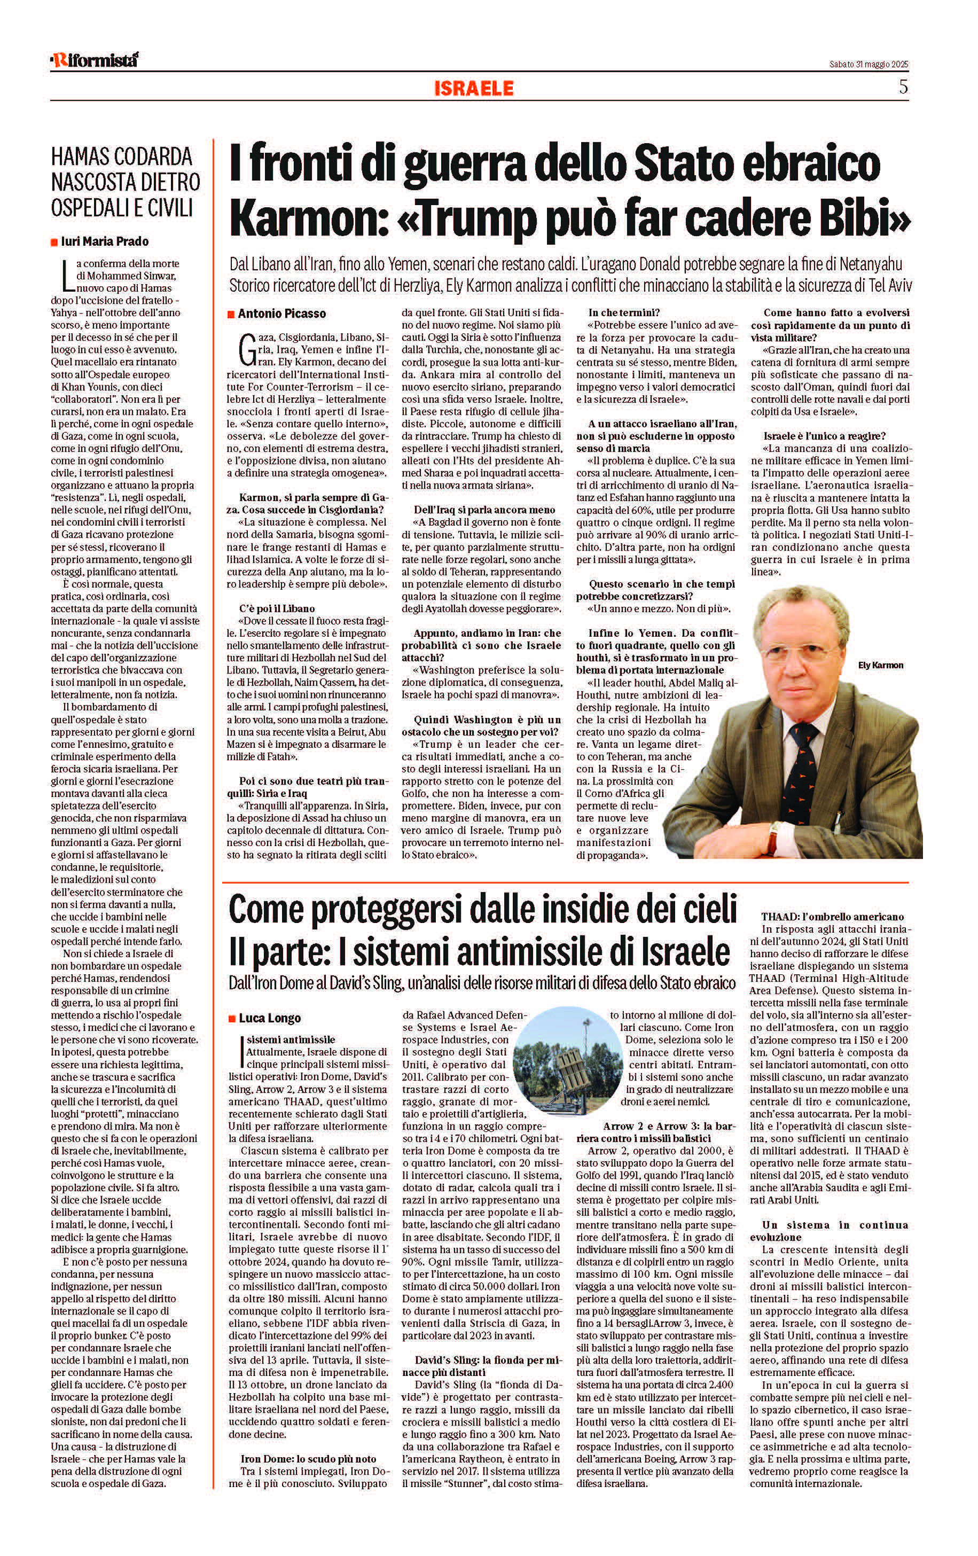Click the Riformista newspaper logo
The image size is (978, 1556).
click(x=95, y=60)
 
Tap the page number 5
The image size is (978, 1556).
click(x=903, y=87)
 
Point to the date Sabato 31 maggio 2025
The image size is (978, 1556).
click(x=868, y=65)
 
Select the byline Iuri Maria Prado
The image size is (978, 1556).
click(x=105, y=241)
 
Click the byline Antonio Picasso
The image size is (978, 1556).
click(x=281, y=314)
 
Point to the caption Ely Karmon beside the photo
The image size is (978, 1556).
click(x=880, y=665)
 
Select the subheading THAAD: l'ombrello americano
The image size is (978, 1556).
click(x=832, y=916)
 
